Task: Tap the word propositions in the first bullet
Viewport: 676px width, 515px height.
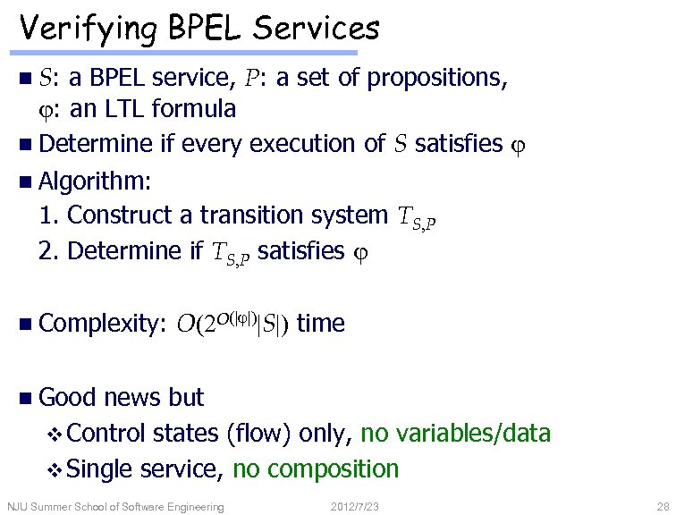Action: click(437, 79)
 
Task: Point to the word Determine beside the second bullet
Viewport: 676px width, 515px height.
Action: click(97, 143)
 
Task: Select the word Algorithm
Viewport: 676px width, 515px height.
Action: click(96, 179)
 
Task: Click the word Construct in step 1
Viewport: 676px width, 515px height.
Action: click(129, 215)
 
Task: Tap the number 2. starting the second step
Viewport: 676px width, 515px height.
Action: click(50, 250)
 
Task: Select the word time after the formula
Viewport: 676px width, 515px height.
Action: click(320, 323)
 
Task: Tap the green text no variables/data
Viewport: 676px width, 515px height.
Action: click(455, 434)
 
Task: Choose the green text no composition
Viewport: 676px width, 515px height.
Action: click(315, 468)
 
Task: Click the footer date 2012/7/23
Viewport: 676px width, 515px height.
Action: click(354, 507)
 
